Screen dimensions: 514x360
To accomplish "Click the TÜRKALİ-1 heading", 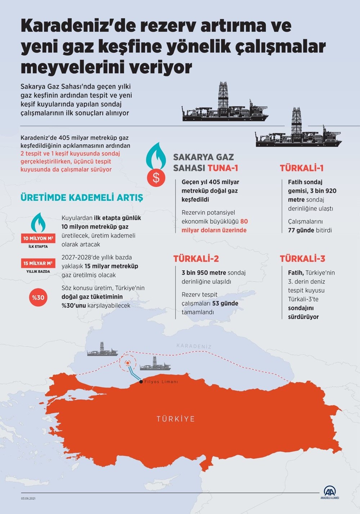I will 302,168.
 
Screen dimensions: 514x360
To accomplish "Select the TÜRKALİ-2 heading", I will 196,259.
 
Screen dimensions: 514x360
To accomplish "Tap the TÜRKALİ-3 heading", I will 302,259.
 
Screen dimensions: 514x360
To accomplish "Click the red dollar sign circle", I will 156,177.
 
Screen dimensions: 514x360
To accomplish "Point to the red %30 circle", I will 38,297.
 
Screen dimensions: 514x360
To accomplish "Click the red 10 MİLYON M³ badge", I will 38,238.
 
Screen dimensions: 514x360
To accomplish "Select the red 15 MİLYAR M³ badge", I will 38,263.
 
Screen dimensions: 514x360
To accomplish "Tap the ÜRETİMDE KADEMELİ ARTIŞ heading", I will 82,197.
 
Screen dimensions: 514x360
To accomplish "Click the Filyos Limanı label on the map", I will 161,382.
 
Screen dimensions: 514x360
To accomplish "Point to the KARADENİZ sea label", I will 194,346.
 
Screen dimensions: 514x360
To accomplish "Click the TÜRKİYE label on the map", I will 176,419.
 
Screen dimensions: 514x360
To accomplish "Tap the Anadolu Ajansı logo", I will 329,492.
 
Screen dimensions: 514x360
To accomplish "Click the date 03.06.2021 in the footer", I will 28,498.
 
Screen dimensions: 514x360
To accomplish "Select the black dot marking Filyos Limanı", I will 141,382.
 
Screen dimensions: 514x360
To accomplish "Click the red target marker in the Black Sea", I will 128,363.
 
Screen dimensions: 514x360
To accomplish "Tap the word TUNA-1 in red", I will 223,168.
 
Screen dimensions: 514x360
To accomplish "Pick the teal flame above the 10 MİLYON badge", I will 38,222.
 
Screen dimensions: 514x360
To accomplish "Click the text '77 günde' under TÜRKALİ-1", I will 301,230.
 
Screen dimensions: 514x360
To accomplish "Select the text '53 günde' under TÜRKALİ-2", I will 225,303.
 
